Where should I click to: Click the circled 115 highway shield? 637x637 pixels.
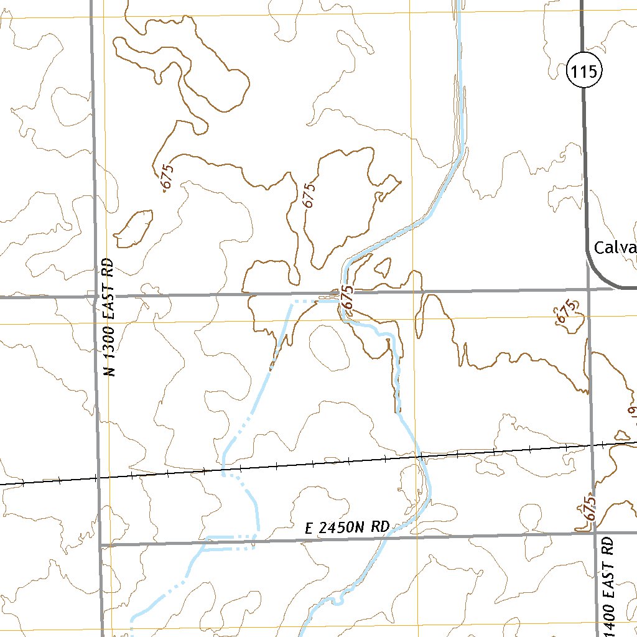click(584, 72)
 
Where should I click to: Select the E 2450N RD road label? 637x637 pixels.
click(347, 528)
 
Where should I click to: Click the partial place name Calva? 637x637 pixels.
click(615, 248)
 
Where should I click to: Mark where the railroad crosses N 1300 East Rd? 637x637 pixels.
click(97, 478)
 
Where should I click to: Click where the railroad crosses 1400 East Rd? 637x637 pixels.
click(591, 445)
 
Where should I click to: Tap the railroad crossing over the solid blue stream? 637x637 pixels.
click(421, 457)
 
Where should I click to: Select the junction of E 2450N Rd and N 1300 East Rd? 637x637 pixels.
click(100, 545)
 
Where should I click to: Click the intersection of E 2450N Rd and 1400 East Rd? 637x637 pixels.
click(593, 533)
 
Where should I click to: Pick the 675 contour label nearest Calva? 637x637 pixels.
click(565, 310)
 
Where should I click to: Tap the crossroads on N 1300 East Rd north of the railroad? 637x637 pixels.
click(95, 297)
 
